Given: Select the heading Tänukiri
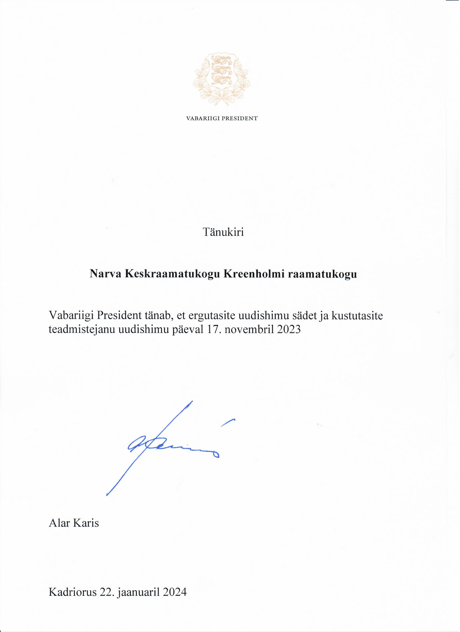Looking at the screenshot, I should [223, 232].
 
